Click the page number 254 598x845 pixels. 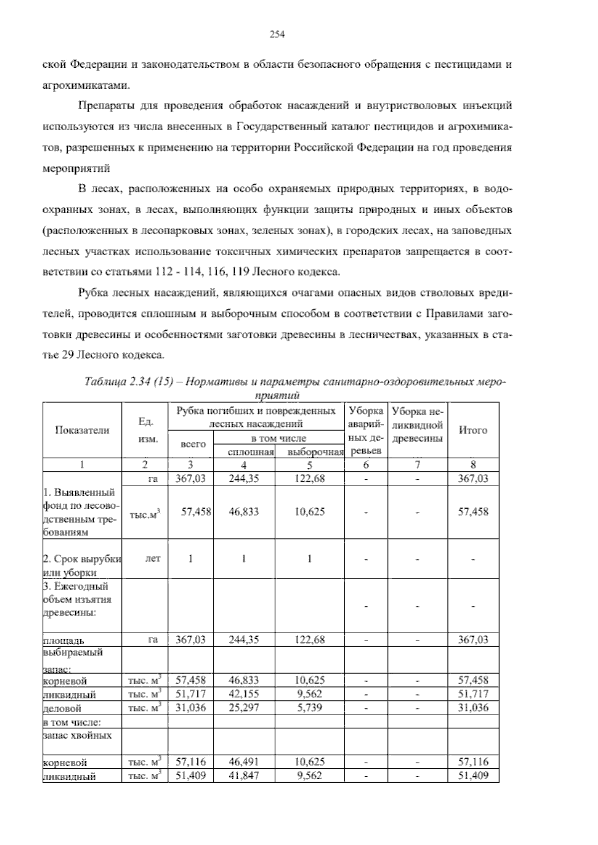tap(277, 34)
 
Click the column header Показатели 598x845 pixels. tap(82, 430)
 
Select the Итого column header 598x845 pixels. tap(473, 430)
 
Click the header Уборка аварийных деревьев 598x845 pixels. tap(366, 430)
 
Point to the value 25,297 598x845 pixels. tap(244, 707)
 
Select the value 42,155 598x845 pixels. tap(244, 694)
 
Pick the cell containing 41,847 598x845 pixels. tap(244, 776)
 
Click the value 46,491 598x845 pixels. tap(244, 762)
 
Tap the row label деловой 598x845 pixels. tap(63, 708)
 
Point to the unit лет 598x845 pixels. tap(152, 559)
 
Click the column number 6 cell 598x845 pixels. tap(366, 465)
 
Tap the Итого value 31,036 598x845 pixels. tap(473, 707)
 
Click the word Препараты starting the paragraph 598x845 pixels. tap(101, 106)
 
